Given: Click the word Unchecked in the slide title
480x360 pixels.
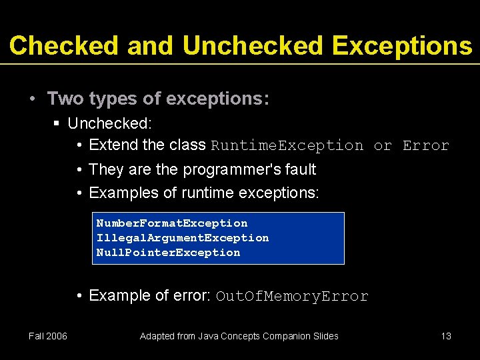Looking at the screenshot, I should pos(253,45).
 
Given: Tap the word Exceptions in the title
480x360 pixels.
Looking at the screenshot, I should pos(401,45).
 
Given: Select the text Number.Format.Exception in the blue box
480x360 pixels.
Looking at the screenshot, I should pos(172,223).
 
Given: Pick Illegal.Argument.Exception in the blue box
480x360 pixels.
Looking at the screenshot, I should pos(183,238).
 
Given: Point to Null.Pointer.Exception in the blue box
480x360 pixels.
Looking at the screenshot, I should pos(168,253).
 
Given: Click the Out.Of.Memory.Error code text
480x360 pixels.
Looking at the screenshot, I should pos(292,297).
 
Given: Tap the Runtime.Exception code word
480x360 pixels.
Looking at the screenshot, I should pos(287,145).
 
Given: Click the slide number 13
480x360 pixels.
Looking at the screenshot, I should pos(446,336).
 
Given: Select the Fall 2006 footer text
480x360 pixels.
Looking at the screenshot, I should pos(48,336).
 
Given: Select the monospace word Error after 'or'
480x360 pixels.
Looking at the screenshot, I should pos(426,145).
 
